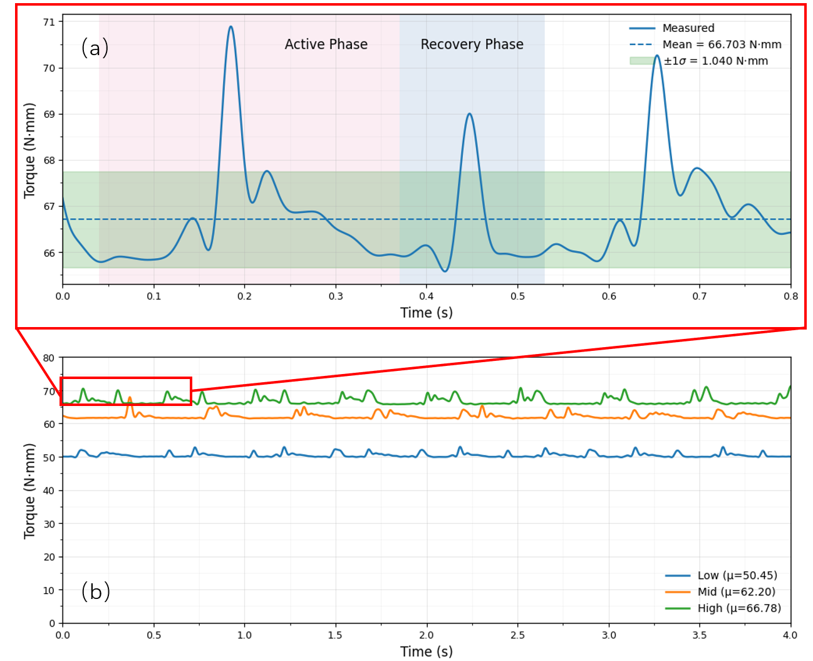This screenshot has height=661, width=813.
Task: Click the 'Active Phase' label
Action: [326, 44]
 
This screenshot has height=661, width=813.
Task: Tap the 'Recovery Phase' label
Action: [472, 44]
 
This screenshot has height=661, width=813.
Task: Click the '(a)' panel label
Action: [95, 48]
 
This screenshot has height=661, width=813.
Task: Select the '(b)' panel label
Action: [95, 591]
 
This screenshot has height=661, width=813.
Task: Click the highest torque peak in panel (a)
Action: [231, 27]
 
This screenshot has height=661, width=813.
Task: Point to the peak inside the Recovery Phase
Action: [469, 114]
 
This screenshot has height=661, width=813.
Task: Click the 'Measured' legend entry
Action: [688, 28]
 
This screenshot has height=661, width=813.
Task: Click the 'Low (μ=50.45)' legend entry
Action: [737, 575]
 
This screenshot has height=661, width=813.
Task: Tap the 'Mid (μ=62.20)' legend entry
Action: [736, 591]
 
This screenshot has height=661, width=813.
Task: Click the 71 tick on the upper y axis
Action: [49, 22]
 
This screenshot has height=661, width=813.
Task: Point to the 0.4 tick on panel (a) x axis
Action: [427, 296]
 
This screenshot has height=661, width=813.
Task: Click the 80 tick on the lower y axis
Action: [48, 358]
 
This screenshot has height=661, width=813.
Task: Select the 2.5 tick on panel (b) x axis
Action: [517, 635]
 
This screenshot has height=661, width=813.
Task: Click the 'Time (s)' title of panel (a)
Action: [426, 313]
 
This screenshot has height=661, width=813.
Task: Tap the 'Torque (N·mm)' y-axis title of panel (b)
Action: [29, 491]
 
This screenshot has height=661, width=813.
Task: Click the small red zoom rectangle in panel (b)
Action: [125, 378]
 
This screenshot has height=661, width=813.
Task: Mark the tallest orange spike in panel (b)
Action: [130, 398]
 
